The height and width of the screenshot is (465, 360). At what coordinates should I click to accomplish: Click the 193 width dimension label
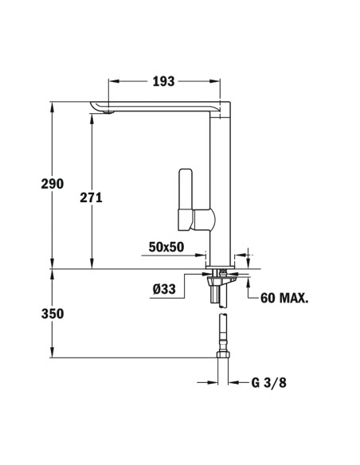pos(164,81)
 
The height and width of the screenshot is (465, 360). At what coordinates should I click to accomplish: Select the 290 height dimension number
pos(52,184)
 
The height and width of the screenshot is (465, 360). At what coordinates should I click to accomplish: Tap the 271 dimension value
pos(91,197)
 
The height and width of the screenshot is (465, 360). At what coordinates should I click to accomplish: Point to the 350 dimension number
pos(52,314)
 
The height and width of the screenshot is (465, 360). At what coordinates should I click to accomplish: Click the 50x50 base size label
pos(166,247)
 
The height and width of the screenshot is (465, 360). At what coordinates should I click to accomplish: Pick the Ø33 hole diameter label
pos(163,290)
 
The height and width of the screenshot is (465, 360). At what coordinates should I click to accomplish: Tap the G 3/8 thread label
pos(269,381)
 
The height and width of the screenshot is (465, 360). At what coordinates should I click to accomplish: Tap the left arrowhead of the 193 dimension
pos(112,81)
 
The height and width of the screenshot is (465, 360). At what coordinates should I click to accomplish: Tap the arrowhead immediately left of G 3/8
pos(234,381)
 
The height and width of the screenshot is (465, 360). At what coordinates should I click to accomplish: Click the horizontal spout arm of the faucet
pos(159,107)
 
